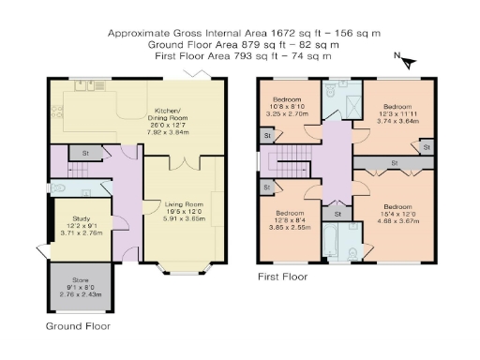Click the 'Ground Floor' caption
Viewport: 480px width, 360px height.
78,327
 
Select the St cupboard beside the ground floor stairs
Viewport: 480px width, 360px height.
85,152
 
